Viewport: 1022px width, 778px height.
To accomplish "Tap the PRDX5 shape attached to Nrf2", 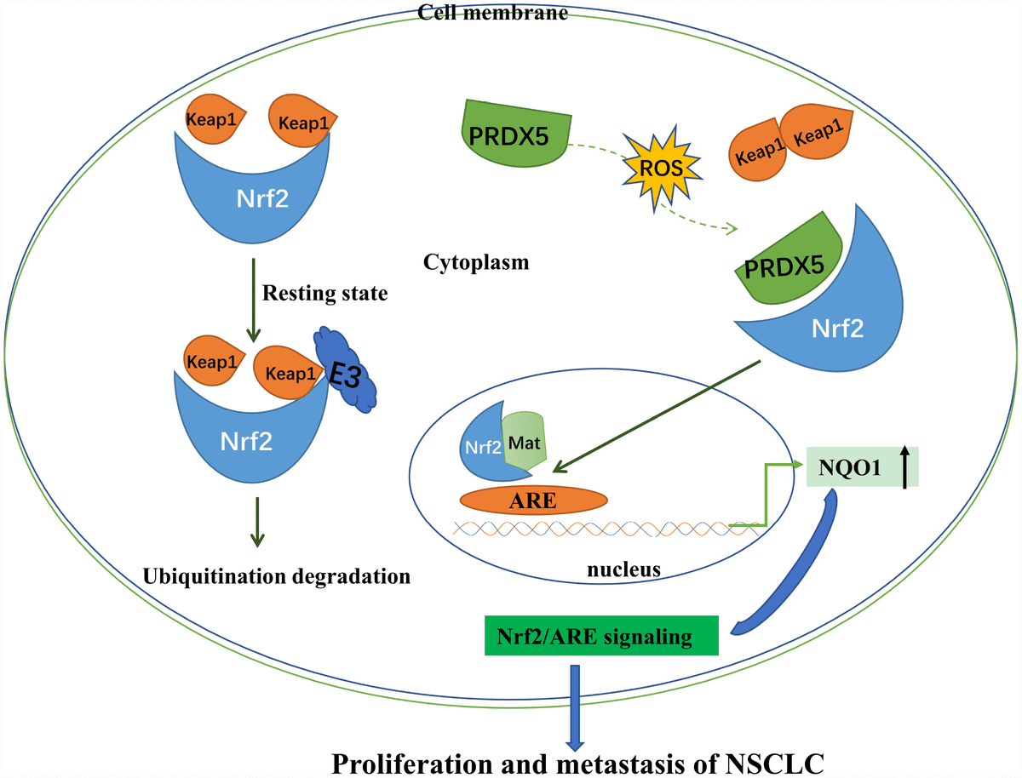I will pyautogui.click(x=788, y=265).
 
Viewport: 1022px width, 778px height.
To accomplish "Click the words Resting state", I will pyautogui.click(x=324, y=295).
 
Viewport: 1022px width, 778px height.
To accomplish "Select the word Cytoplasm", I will pyautogui.click(x=476, y=262).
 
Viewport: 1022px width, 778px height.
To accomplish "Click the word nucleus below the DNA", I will pyautogui.click(x=624, y=569).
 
